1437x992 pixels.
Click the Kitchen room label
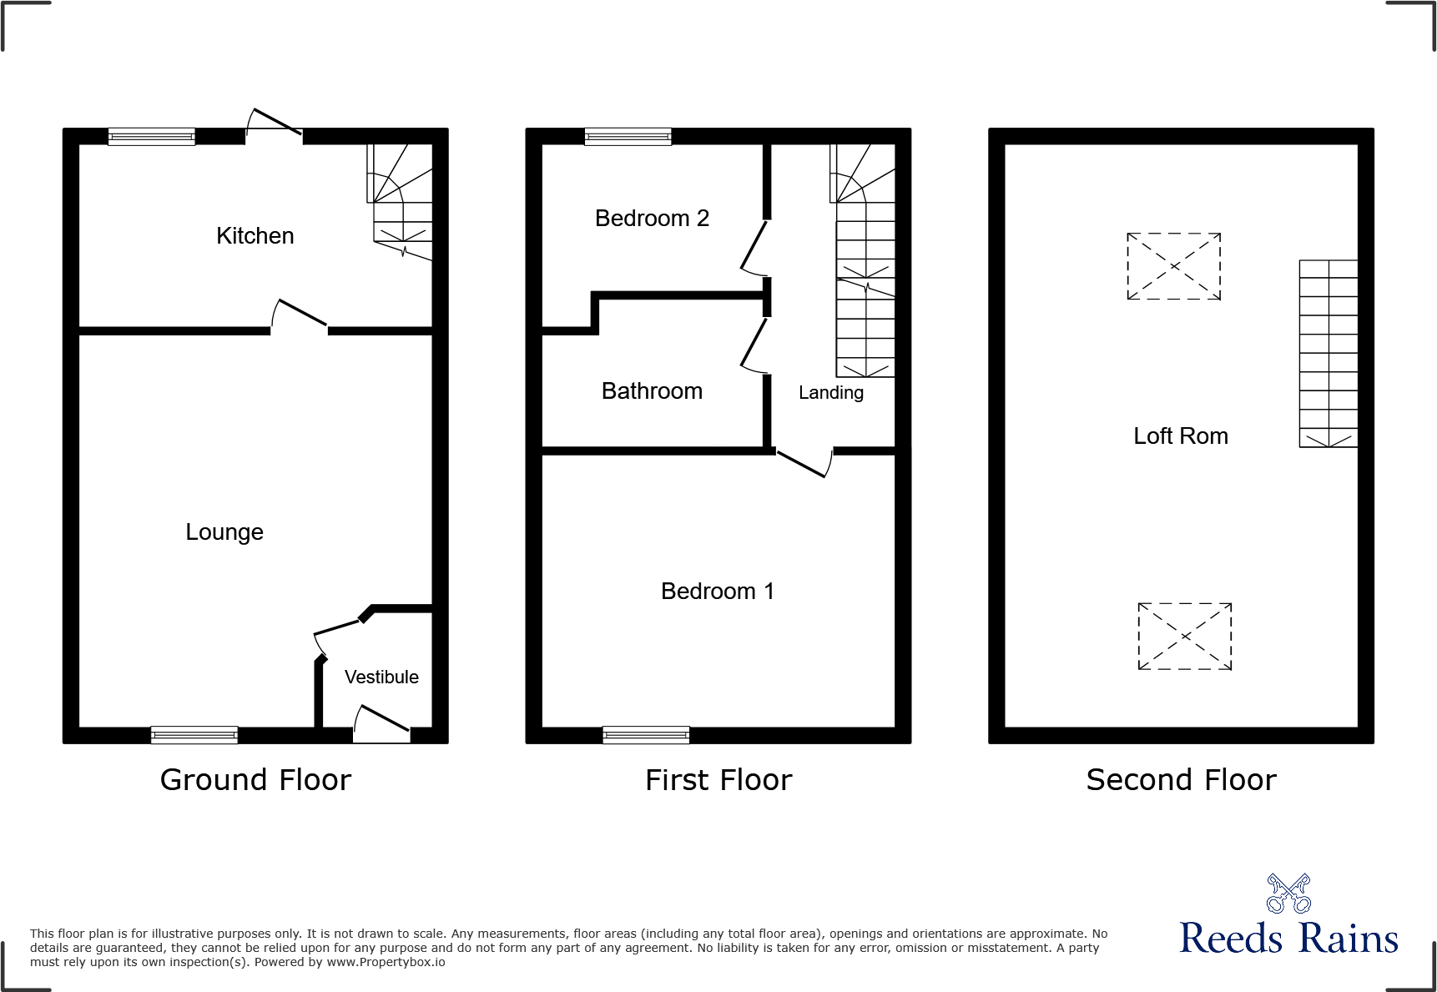255,236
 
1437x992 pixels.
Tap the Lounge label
224,532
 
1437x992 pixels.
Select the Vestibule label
381,677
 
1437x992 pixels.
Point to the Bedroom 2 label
652,219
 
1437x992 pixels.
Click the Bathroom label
652,391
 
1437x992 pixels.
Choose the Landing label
830,393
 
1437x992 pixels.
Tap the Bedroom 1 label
718,592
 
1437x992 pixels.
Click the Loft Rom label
1180,436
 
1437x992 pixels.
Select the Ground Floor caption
255,780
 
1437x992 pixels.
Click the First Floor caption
718,780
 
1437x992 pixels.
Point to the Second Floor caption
1181,780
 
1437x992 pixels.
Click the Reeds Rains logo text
1288,939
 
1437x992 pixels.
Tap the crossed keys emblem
1288,894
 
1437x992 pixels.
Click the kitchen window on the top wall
152,137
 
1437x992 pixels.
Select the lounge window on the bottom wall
194,735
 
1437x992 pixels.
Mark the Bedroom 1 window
646,735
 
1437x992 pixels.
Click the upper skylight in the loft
1173,266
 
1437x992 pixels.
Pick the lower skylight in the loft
1184,637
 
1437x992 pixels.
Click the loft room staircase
1328,354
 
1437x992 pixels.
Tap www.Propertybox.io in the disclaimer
386,963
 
